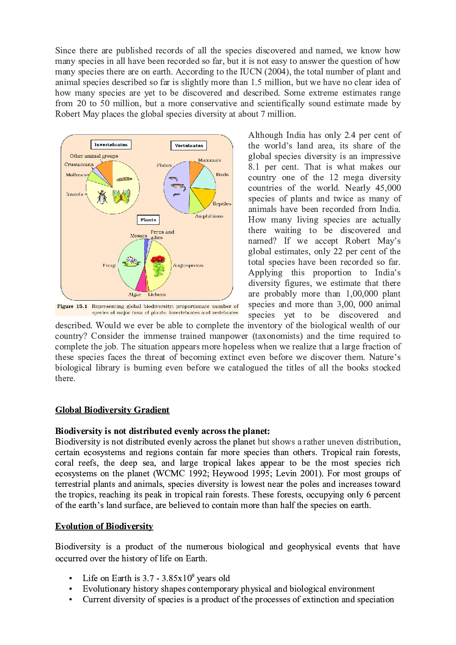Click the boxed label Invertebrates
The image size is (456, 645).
tap(111, 145)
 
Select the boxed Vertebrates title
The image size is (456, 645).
tap(188, 146)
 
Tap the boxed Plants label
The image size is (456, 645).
tap(148, 220)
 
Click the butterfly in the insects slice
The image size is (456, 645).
tap(121, 196)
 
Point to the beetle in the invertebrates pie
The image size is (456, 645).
tap(102, 197)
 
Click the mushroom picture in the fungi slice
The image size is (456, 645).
tap(131, 262)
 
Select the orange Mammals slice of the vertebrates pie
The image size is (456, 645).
tap(195, 171)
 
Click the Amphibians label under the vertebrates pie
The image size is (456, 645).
tap(209, 216)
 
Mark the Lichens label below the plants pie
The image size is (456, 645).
tap(157, 294)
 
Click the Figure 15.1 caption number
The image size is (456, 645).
tap(72, 306)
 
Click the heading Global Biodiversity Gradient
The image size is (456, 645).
tap(112, 410)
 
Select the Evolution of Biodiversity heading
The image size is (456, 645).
tap(104, 526)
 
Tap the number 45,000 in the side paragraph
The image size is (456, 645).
tap(388, 188)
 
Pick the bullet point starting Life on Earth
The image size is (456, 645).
tap(156, 578)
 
